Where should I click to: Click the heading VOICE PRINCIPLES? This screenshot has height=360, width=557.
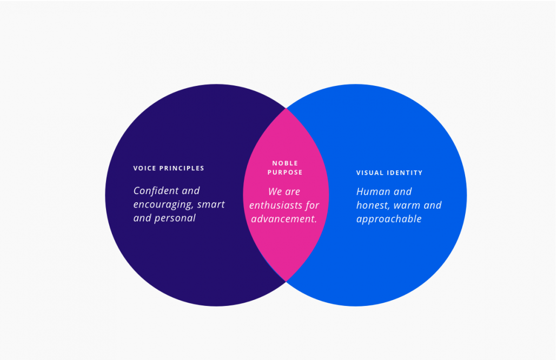tap(169, 168)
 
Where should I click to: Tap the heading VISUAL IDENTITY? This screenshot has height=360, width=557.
tap(389, 173)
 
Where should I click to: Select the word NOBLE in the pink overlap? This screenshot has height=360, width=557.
tap(285, 163)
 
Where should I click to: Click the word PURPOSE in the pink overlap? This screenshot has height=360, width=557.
tap(285, 172)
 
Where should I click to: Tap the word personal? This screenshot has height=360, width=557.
tap(175, 218)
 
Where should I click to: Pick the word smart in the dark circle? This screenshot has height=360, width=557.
tap(211, 205)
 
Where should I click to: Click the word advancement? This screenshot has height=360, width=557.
tap(284, 219)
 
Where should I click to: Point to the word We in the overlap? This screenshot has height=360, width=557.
tap(275, 192)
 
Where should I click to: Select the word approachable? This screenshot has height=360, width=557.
tap(389, 219)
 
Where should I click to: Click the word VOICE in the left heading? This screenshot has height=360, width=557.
tap(144, 168)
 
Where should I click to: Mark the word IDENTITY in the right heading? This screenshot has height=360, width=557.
tap(405, 173)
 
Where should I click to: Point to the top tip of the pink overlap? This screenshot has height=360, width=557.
tap(286, 109)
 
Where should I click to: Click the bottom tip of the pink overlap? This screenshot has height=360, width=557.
tap(286, 281)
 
